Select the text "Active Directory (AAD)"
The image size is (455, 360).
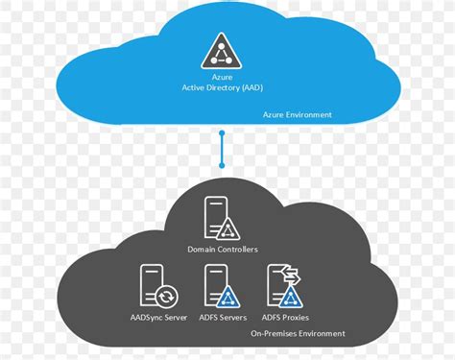click(x=223, y=88)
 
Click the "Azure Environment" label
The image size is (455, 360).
click(x=298, y=114)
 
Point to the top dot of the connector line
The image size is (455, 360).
click(x=223, y=133)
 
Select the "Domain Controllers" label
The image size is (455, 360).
click(x=223, y=250)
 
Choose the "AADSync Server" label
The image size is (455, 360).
click(x=159, y=318)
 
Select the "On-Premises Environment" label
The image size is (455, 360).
click(x=298, y=334)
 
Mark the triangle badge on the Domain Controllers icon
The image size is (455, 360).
click(x=228, y=228)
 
